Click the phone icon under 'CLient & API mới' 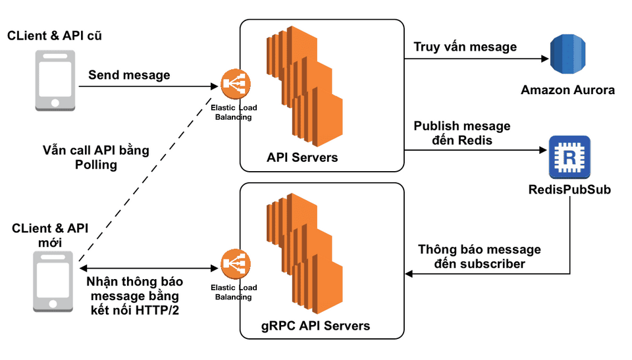coord(53,280)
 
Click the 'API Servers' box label coord(302,158)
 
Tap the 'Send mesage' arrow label coord(129,75)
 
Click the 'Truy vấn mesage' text coord(465,47)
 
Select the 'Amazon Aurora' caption coord(567,90)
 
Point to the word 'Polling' coord(96,165)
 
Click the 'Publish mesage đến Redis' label coord(461,133)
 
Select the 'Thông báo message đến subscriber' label coord(479,257)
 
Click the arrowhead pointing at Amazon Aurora coord(544,59)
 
